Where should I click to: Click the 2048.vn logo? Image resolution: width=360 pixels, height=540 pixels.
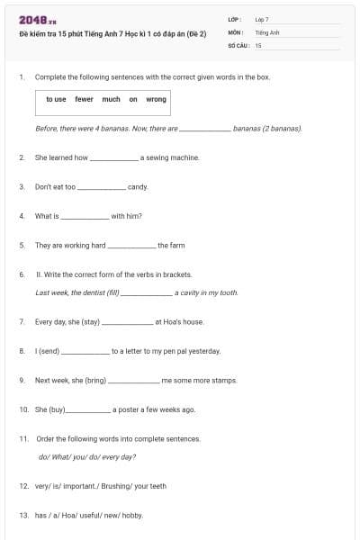pyautogui.click(x=31, y=20)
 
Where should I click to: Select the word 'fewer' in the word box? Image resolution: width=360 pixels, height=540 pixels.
pyautogui.click(x=84, y=99)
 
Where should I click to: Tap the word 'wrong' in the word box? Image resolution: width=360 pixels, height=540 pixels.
pyautogui.click(x=156, y=99)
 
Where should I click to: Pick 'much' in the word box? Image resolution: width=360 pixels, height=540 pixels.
pyautogui.click(x=111, y=99)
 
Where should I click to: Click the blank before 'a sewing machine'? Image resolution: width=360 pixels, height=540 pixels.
pyautogui.click(x=114, y=158)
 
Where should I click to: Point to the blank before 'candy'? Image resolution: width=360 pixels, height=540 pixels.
pyautogui.click(x=102, y=187)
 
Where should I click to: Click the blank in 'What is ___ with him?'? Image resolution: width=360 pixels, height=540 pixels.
pyautogui.click(x=85, y=217)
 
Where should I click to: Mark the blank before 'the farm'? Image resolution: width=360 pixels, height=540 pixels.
pyautogui.click(x=131, y=246)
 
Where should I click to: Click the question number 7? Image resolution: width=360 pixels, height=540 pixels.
pyautogui.click(x=22, y=321)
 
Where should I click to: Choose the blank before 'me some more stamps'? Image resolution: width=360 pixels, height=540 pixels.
pyautogui.click(x=133, y=381)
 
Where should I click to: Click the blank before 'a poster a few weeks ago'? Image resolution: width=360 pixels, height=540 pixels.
pyautogui.click(x=87, y=410)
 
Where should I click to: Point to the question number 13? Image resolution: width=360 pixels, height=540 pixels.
pyautogui.click(x=23, y=516)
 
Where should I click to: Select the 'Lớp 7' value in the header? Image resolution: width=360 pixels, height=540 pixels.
pyautogui.click(x=262, y=18)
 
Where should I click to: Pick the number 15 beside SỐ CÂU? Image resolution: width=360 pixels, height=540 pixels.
pyautogui.click(x=258, y=45)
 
